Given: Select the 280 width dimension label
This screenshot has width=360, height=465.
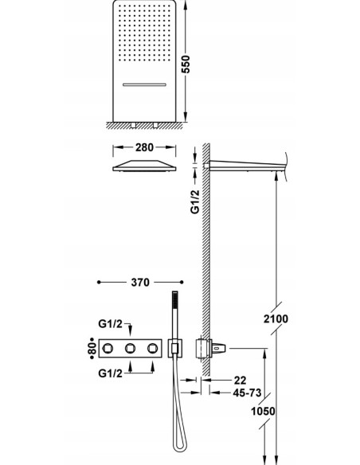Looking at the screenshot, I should (143, 148).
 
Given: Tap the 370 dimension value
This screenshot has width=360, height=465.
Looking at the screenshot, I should (140, 283).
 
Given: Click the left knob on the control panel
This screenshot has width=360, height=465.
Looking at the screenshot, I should (127, 348).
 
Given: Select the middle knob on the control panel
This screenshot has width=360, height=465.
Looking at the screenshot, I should (147, 348).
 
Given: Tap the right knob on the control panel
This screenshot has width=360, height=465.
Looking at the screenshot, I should (168, 348).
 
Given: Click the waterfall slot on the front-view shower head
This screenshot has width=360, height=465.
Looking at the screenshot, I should (143, 82).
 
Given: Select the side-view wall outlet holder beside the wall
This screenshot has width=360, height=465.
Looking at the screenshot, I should (204, 348).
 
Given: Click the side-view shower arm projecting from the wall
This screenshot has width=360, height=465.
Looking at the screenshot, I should (247, 165).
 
